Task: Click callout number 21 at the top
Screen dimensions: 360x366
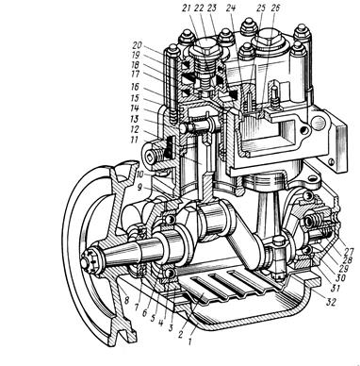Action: pyautogui.click(x=188, y=8)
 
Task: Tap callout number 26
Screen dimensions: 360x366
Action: pyautogui.click(x=274, y=8)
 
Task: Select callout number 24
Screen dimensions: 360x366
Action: pyautogui.click(x=231, y=8)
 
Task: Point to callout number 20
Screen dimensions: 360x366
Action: pyautogui.click(x=138, y=46)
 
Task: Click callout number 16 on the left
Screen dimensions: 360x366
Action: pyautogui.click(x=136, y=87)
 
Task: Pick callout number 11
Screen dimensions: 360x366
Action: pyautogui.click(x=134, y=140)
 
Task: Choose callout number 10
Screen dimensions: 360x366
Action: pyautogui.click(x=139, y=174)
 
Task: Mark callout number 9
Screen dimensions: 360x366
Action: pyautogui.click(x=139, y=188)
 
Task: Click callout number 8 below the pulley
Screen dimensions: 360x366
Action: pyautogui.click(x=126, y=300)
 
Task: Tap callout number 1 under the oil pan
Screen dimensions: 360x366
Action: pyautogui.click(x=189, y=341)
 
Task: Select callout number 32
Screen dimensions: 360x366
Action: pyautogui.click(x=331, y=302)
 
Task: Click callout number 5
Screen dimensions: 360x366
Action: pyautogui.click(x=153, y=319)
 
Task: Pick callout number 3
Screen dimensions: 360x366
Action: pyautogui.click(x=171, y=327)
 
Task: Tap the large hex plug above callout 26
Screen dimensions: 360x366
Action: pyautogui.click(x=268, y=40)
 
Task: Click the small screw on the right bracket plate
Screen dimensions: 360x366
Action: pyautogui.click(x=331, y=161)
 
